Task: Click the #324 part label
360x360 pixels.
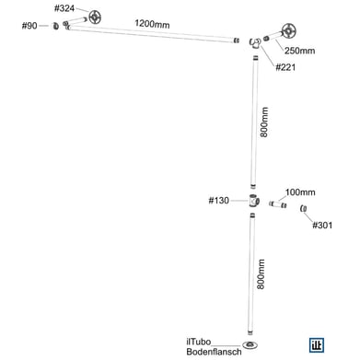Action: click(64, 8)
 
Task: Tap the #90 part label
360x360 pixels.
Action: click(31, 26)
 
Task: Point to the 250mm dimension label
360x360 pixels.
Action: click(299, 50)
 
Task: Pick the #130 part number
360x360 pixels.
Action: click(219, 200)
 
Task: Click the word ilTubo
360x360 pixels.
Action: click(198, 340)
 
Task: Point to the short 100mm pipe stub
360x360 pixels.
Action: click(280, 204)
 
